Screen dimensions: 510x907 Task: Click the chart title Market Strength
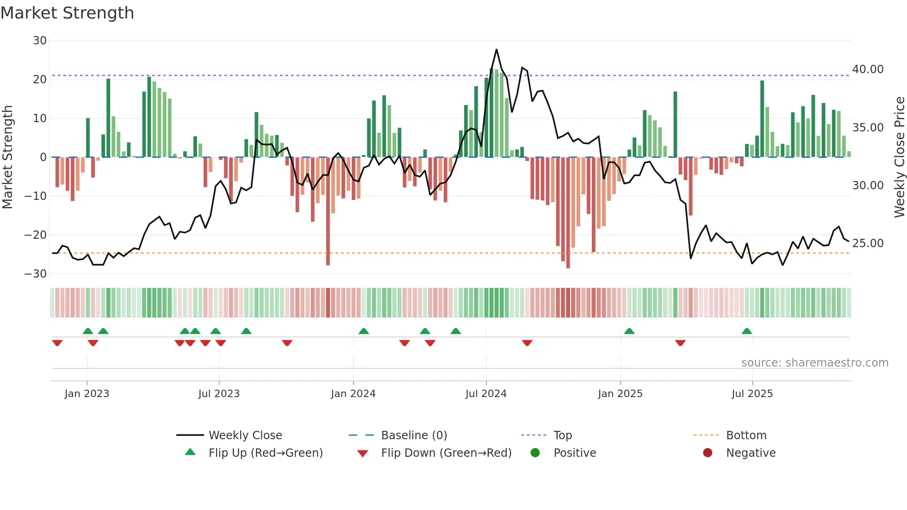(x=67, y=13)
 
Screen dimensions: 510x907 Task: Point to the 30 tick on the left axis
(x=40, y=41)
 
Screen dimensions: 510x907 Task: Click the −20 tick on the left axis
(x=36, y=235)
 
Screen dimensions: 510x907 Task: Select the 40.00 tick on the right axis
(x=868, y=69)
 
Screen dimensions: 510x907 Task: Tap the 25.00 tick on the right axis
(x=868, y=243)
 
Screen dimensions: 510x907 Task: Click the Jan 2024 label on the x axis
(x=353, y=394)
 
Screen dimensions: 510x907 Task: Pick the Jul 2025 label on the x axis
(x=752, y=394)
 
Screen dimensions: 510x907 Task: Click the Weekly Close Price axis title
(x=899, y=157)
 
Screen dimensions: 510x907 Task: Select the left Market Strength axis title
(x=7, y=157)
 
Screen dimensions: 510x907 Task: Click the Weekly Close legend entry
(x=245, y=435)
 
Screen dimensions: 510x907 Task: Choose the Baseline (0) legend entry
(x=414, y=435)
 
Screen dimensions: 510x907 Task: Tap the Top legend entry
(x=562, y=435)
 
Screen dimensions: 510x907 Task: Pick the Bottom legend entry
(x=746, y=435)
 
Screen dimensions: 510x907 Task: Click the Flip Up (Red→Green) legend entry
(x=265, y=453)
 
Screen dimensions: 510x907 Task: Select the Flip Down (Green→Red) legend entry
(x=446, y=453)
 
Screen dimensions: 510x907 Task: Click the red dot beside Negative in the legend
(x=708, y=453)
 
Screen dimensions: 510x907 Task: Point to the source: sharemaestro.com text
(x=814, y=363)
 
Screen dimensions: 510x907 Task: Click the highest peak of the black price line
(x=497, y=50)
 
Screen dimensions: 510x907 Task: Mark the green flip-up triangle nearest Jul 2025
(x=746, y=331)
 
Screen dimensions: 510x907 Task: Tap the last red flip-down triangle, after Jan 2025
(x=680, y=343)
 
